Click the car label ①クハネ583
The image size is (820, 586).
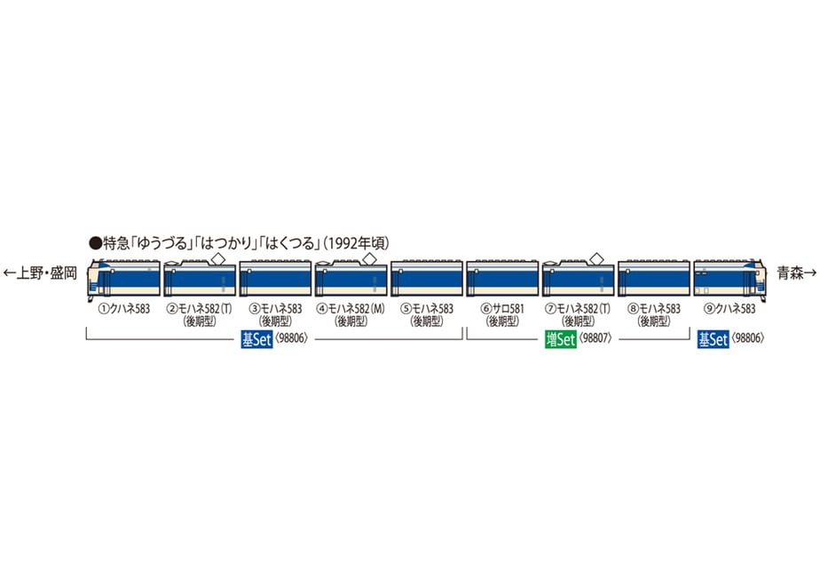124,309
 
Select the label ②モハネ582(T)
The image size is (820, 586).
200,309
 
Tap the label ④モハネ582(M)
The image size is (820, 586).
351,309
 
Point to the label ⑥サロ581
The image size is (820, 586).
502,309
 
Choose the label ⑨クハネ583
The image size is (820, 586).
730,309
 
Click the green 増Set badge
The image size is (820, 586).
560,339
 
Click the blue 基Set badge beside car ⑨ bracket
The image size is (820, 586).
713,339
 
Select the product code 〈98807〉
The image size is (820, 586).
595,338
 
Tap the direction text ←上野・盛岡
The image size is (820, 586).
40,273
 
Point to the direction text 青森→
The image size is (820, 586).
796,273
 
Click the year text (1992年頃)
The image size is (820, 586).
356,243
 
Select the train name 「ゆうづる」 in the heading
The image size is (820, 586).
160,243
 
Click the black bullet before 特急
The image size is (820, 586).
96,243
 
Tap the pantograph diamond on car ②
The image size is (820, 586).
217,258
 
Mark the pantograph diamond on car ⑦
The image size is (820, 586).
596,258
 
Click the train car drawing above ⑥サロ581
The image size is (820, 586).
502,278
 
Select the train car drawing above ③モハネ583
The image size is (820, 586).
275,278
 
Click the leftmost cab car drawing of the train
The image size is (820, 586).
123,277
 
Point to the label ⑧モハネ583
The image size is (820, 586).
654,309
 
